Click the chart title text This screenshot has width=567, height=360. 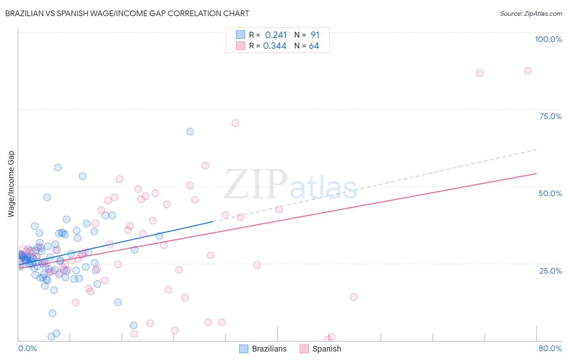click(127, 13)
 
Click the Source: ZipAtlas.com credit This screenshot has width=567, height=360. click(531, 13)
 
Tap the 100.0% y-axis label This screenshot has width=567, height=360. click(548, 39)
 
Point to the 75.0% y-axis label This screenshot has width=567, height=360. click(550, 116)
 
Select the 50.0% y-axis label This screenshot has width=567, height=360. click(550, 193)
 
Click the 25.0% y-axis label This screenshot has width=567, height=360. click(550, 270)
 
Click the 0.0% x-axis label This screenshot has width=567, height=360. click(27, 348)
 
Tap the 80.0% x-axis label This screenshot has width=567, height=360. click(550, 348)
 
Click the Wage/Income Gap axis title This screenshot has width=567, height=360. click(11, 184)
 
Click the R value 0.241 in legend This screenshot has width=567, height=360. click(276, 35)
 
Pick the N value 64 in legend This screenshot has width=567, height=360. click(314, 46)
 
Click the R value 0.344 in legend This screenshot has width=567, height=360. click(275, 46)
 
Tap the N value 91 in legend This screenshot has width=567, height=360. click(315, 35)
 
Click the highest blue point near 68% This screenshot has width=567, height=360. click(190, 132)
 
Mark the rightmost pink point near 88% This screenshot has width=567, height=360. click(527, 71)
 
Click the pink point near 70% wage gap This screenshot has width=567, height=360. click(236, 123)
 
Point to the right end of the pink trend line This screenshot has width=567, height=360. click(536, 174)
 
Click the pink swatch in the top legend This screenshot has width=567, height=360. click(241, 46)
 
